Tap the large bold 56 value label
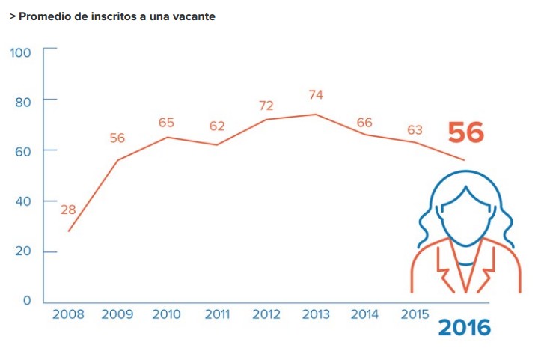[466, 133]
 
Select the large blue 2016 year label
[464, 327]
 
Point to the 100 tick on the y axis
[21, 52]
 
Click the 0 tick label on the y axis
[27, 301]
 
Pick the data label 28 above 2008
[68, 210]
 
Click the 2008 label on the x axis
[67, 314]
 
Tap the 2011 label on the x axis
[217, 314]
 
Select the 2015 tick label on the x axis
[415, 314]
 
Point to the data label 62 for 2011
[217, 126]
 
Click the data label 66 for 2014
[365, 123]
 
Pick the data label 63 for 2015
[415, 130]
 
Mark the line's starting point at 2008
[68, 231]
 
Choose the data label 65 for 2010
[167, 123]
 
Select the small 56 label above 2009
[117, 138]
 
